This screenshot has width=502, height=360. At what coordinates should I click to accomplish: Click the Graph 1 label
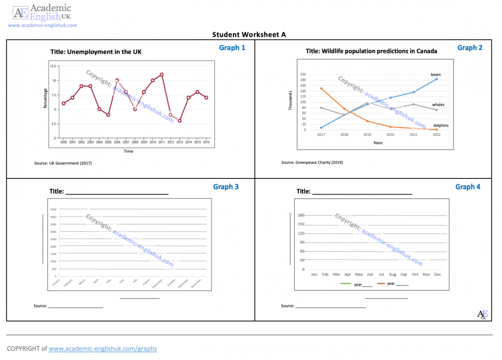click(x=232, y=47)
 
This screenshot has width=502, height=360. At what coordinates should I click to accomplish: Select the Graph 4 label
click(x=468, y=187)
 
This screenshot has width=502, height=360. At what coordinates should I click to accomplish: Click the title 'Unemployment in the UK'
click(x=96, y=52)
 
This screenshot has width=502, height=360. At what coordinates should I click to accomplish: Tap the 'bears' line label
click(x=436, y=74)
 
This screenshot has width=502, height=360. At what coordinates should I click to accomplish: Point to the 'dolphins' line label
click(x=441, y=125)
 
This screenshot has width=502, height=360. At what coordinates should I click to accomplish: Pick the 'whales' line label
click(x=438, y=105)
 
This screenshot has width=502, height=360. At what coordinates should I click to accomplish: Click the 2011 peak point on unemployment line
click(x=162, y=74)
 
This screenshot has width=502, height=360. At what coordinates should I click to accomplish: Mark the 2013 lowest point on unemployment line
click(x=179, y=121)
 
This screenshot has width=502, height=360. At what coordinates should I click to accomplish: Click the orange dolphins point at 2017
click(x=321, y=88)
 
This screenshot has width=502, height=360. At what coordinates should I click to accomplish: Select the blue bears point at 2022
click(x=436, y=79)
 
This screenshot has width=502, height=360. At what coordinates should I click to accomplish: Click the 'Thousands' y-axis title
click(x=291, y=100)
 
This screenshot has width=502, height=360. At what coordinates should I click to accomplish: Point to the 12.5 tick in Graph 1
click(x=53, y=66)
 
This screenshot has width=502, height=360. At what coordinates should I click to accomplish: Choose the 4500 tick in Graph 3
click(x=53, y=209)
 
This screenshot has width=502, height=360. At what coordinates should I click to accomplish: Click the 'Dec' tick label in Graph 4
click(x=437, y=275)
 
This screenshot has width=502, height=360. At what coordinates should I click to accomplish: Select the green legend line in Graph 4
click(x=346, y=283)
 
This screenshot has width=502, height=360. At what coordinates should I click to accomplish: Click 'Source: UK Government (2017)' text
click(x=63, y=163)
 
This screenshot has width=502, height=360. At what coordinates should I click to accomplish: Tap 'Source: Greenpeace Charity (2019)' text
click(x=312, y=163)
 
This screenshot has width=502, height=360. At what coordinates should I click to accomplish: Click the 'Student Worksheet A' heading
click(x=249, y=35)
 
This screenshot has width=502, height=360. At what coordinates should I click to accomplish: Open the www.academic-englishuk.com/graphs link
click(x=103, y=348)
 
